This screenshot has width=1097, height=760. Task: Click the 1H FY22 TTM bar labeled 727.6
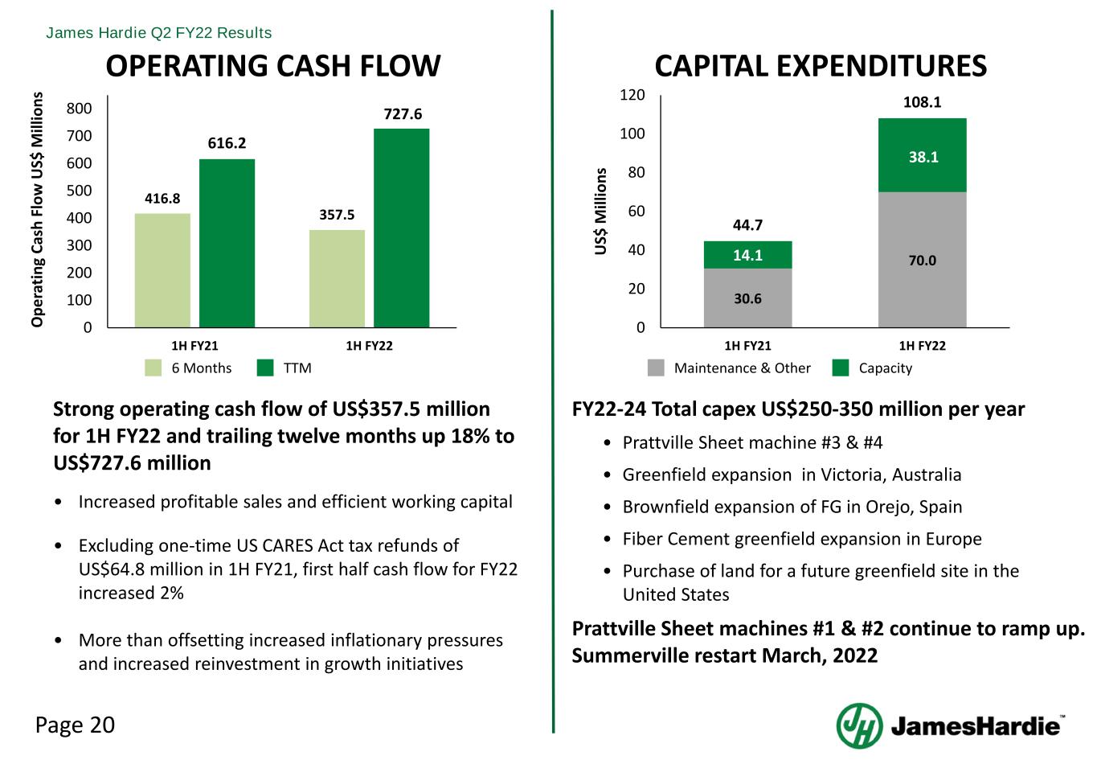tap(401, 228)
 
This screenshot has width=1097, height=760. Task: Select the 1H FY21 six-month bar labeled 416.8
tap(162, 269)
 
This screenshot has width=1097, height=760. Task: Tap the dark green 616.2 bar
tap(227, 243)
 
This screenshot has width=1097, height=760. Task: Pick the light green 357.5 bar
tap(337, 278)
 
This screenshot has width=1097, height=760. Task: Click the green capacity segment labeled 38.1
tap(922, 155)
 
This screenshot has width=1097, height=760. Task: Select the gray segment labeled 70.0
tap(922, 259)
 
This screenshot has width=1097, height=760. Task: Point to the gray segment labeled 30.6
tap(747, 298)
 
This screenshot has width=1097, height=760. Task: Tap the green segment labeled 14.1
tap(747, 255)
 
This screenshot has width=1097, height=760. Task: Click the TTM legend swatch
tap(266, 368)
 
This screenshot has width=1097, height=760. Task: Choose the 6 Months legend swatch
tap(153, 368)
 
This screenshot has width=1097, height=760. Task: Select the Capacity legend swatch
tap(841, 368)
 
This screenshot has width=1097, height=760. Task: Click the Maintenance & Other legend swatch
tap(657, 368)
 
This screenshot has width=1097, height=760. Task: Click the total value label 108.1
tap(921, 103)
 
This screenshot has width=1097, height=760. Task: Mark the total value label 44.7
tap(747, 225)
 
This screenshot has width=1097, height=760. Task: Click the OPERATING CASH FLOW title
tap(273, 66)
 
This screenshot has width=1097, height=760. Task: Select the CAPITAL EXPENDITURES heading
tap(821, 66)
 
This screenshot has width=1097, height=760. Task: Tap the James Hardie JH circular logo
tap(859, 725)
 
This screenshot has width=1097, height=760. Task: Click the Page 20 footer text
tap(76, 725)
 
